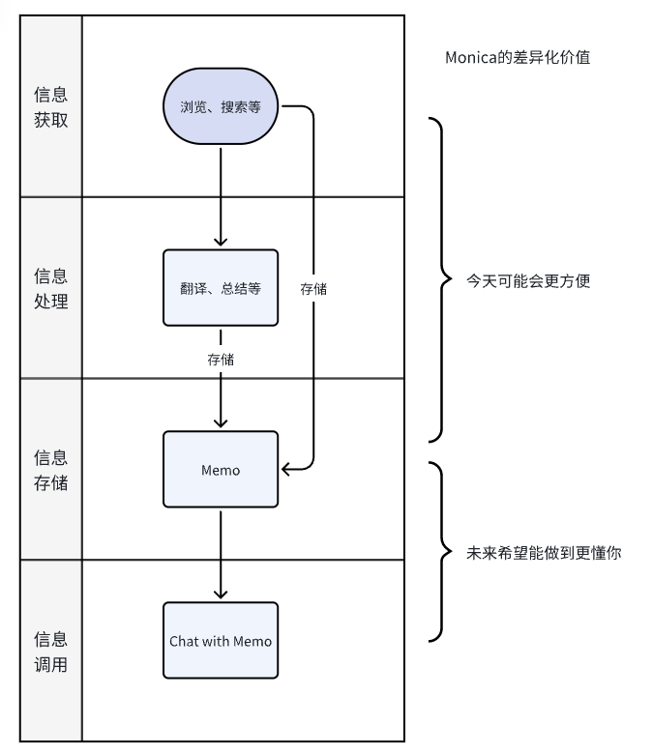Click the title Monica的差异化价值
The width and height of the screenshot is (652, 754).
518,58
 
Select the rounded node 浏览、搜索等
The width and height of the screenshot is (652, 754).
221,106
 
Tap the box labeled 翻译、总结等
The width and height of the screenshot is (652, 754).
221,288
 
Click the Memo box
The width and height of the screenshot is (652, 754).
221,470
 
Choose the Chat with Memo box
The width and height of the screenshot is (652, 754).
221,640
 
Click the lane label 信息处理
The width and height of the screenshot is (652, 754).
51,288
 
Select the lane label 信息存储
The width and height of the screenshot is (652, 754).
51,470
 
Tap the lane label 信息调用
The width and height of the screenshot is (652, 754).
51,652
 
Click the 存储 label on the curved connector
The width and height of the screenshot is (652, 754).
313,288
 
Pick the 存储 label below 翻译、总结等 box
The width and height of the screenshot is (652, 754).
221,359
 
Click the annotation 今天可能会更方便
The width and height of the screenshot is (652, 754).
528,281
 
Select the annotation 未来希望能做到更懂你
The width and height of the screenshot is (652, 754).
544,554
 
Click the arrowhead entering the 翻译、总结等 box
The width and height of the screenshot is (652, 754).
221,242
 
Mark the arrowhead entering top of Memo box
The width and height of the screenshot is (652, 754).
221,422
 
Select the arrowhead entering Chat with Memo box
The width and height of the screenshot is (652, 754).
221,594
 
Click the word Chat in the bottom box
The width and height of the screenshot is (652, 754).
184,641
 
